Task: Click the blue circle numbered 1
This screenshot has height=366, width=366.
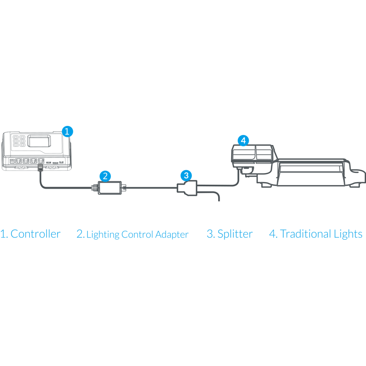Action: (x=67, y=131)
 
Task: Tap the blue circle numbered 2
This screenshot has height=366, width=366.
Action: (x=105, y=176)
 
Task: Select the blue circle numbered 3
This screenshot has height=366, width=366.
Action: (x=186, y=175)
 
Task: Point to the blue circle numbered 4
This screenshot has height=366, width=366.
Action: (x=243, y=140)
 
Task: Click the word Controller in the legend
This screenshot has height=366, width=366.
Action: (x=36, y=234)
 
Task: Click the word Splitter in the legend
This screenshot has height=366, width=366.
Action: (x=235, y=234)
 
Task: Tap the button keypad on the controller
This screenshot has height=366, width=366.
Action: (x=18, y=142)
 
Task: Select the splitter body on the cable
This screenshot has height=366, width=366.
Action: (x=189, y=188)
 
